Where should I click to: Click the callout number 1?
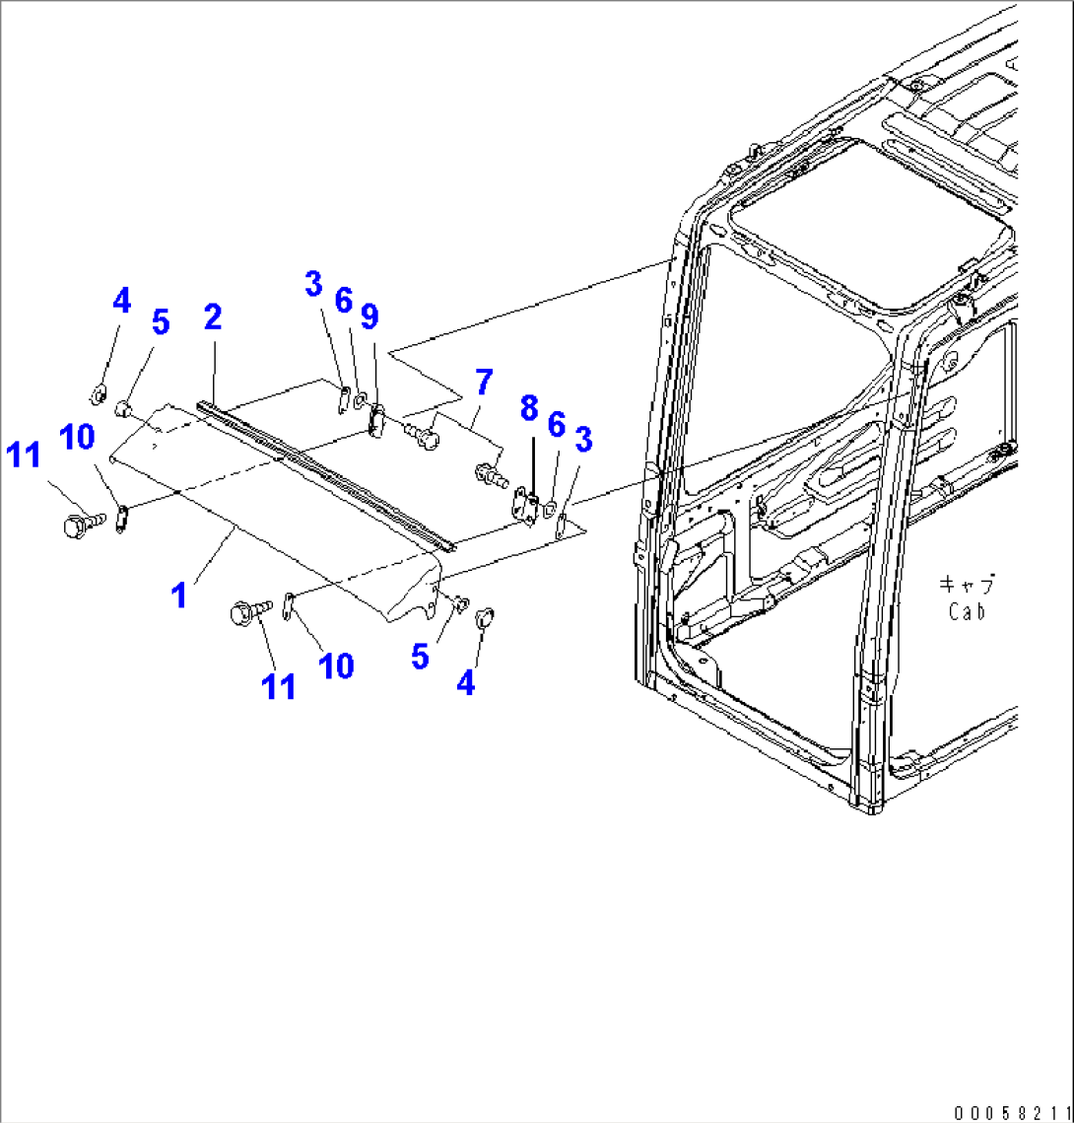point(179,596)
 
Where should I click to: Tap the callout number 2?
point(213,317)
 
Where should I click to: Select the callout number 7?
point(484,382)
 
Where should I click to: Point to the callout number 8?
point(529,408)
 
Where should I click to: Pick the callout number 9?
point(369,316)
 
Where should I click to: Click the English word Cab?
point(967,611)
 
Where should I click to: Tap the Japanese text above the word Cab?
point(967,585)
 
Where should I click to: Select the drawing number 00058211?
point(1012,1113)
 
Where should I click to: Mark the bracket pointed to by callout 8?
point(526,505)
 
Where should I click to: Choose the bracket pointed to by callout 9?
point(375,420)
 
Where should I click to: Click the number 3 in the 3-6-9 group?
point(313,284)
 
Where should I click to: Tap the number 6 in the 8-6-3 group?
point(556,425)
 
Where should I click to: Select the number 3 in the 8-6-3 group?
point(583,439)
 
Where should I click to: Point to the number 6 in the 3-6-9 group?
point(344,301)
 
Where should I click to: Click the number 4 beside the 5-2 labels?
point(121,301)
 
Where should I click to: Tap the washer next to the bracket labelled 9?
point(360,396)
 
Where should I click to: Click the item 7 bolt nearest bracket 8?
point(492,475)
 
